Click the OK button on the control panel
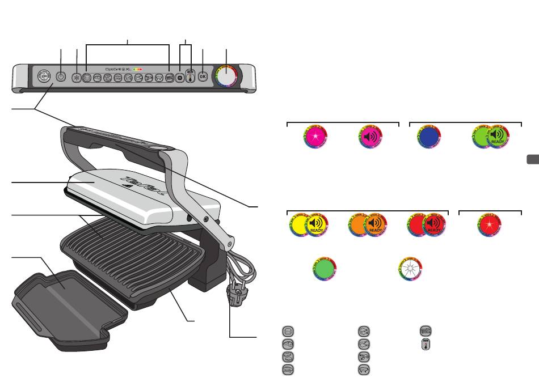[203, 76]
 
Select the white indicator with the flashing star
[409, 268]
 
